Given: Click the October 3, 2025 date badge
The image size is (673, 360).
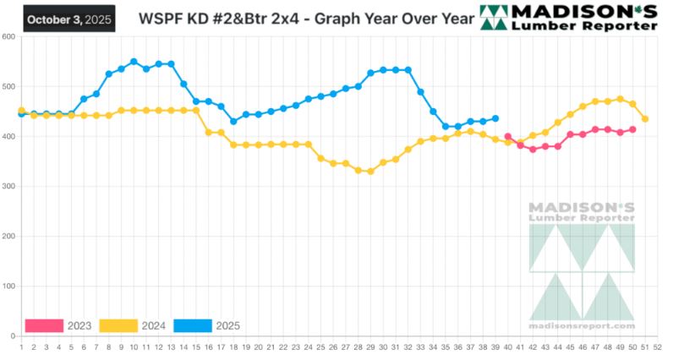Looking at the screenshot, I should [x=68, y=18].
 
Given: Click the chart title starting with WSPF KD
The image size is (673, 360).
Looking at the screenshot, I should [x=299, y=18].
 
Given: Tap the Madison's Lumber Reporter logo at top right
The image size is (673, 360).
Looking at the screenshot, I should [x=569, y=17].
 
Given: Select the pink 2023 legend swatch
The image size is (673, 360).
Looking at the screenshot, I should [x=45, y=325].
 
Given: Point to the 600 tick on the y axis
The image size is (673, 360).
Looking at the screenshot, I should [x=8, y=37].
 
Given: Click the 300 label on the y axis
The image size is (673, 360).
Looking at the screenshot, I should [x=8, y=187].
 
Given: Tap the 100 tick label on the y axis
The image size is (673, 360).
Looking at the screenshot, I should [x=8, y=286].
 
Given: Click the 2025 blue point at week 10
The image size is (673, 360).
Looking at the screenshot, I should [x=134, y=62].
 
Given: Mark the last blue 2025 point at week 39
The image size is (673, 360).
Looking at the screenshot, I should [x=495, y=118].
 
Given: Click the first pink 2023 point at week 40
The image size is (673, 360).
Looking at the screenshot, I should [x=508, y=136].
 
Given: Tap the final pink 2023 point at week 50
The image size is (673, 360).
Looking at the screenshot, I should [x=632, y=129].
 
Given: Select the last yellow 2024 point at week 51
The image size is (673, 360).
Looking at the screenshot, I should [x=645, y=119].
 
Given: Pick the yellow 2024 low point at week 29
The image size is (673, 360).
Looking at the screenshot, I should [x=370, y=172].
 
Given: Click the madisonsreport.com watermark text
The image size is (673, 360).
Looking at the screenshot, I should [x=582, y=325].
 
